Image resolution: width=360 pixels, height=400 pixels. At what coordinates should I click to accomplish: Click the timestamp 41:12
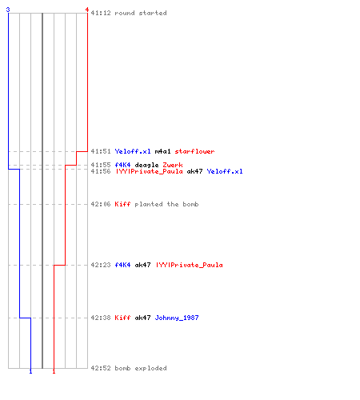click(x=101, y=13)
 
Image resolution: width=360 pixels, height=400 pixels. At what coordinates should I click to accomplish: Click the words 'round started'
click(x=141, y=13)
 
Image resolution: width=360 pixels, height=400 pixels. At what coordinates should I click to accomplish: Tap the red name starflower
click(x=194, y=151)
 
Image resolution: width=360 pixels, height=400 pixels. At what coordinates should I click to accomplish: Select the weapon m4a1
click(x=162, y=151)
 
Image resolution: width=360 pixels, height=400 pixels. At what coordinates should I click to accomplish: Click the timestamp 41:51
click(x=101, y=151)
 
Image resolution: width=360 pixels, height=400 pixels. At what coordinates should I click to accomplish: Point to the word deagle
click(x=146, y=165)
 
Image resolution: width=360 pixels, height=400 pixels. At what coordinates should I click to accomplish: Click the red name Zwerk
click(x=173, y=165)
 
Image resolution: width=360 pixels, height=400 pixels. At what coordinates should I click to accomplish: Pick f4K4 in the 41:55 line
click(x=122, y=165)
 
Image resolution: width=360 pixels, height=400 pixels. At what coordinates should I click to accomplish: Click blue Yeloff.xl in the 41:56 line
click(x=225, y=171)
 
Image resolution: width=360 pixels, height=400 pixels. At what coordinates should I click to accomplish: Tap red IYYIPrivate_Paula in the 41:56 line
click(x=149, y=171)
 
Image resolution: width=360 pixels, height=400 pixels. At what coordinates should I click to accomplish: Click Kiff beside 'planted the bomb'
click(x=122, y=204)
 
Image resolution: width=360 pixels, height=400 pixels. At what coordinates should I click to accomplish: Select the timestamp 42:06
click(x=101, y=204)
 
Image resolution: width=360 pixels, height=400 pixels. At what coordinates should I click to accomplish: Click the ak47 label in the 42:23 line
click(x=142, y=265)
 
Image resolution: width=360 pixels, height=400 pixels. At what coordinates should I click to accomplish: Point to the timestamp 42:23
click(x=101, y=265)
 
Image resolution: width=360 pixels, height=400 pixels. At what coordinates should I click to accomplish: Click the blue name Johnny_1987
click(x=177, y=318)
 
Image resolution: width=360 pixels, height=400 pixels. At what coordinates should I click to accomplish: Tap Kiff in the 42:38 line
click(x=122, y=318)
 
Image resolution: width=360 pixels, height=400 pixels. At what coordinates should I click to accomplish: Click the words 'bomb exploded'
click(x=141, y=368)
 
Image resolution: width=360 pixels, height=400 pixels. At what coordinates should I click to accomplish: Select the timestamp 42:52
click(x=101, y=368)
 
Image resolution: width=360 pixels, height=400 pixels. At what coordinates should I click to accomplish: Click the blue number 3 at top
click(x=8, y=10)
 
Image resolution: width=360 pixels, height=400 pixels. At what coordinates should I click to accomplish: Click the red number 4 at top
click(x=87, y=10)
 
